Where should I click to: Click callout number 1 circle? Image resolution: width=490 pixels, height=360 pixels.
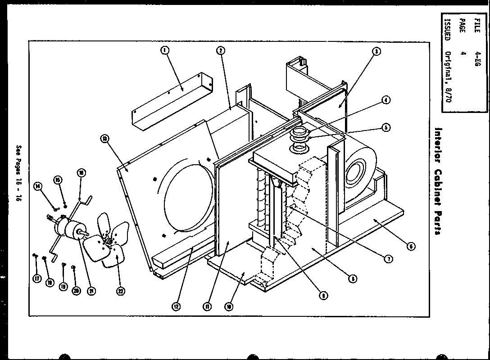[x=165, y=51]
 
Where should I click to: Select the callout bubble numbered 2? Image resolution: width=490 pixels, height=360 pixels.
[x=220, y=51]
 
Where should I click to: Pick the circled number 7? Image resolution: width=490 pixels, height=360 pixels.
[x=387, y=258]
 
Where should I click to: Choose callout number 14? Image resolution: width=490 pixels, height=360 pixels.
[x=38, y=186]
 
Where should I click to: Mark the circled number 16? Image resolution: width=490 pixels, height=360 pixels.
[x=81, y=172]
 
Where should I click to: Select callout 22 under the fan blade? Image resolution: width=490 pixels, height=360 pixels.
[x=121, y=291]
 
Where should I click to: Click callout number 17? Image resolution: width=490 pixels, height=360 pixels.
[x=36, y=279]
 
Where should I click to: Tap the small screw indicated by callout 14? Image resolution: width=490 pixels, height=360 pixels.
[x=55, y=208]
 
